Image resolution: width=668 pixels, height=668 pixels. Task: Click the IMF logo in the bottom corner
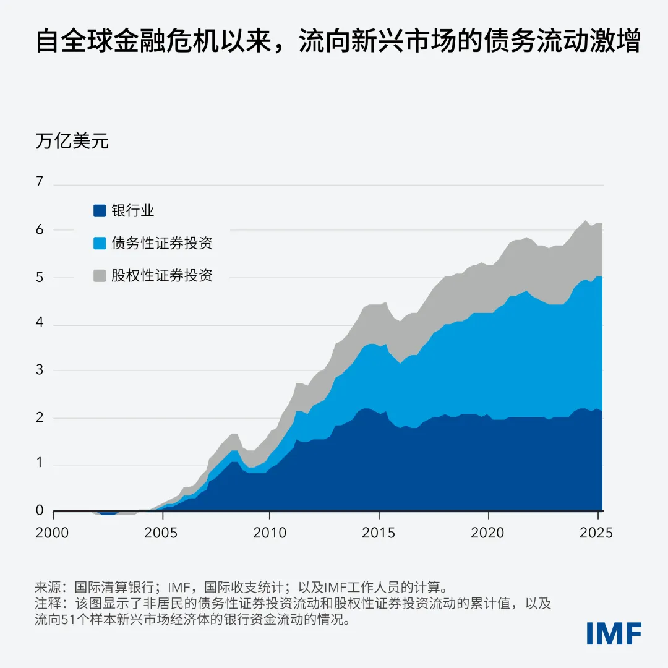click(x=614, y=633)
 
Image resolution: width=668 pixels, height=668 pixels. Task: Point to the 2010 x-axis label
click(x=270, y=533)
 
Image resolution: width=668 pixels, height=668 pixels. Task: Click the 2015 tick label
click(x=379, y=533)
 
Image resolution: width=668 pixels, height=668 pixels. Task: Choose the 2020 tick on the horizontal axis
click(x=487, y=533)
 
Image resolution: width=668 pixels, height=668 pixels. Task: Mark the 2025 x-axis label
click(x=596, y=533)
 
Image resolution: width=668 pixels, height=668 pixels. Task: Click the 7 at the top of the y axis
click(x=40, y=182)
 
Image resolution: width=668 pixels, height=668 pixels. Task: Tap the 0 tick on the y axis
click(x=40, y=510)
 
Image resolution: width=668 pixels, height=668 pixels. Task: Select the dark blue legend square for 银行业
click(x=100, y=211)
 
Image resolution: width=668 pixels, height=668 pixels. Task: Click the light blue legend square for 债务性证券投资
click(x=100, y=243)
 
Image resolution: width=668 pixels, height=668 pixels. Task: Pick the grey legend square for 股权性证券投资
click(x=100, y=276)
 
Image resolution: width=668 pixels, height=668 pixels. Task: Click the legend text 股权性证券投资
click(x=162, y=276)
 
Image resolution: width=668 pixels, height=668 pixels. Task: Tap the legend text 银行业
click(x=133, y=211)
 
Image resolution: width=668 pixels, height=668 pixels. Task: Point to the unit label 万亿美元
click(x=72, y=141)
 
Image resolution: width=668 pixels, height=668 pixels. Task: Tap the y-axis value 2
click(x=40, y=417)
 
